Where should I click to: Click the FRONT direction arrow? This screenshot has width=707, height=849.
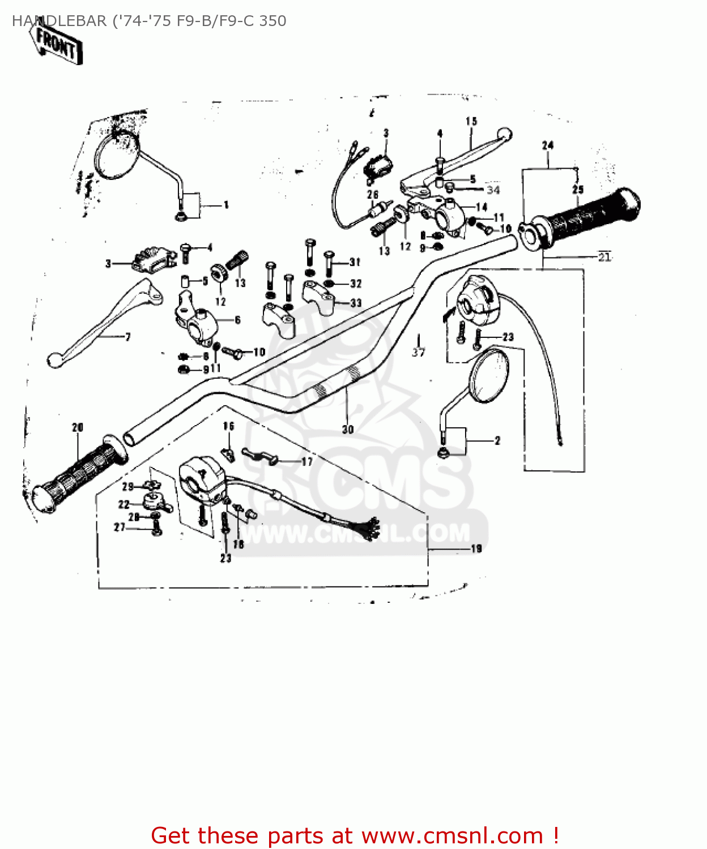coord(57,44)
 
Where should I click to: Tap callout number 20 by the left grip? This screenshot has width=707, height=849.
coord(78,427)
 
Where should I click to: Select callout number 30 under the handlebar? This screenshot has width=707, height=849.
coord(348,430)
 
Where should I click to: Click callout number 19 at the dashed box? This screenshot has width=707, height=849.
coord(476,548)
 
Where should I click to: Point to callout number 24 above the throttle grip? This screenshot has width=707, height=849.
coord(547,145)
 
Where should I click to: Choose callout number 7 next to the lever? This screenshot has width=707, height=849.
coord(128,337)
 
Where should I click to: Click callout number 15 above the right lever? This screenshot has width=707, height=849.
coord(471,121)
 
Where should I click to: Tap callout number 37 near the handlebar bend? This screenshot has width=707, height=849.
coord(418,352)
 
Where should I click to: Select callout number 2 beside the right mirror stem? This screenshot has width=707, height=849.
coord(497,440)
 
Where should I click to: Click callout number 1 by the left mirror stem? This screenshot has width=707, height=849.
coord(226,205)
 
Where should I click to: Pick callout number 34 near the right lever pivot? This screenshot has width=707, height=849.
coord(493,190)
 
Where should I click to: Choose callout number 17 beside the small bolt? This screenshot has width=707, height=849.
coord(306,462)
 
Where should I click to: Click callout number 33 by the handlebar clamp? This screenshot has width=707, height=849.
coord(356,303)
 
